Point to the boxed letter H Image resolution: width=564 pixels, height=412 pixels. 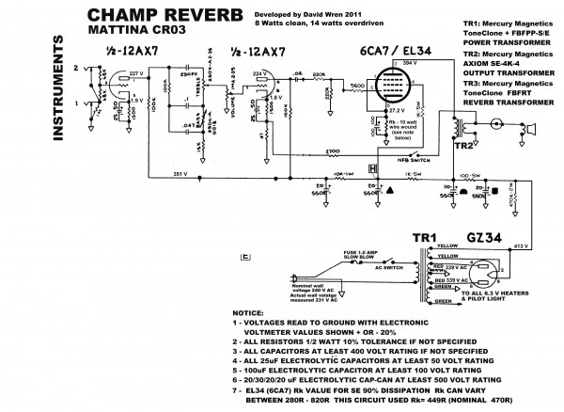tap(372, 169)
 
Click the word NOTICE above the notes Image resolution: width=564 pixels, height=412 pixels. tap(248, 311)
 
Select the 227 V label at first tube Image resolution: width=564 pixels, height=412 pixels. tap(136, 71)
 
